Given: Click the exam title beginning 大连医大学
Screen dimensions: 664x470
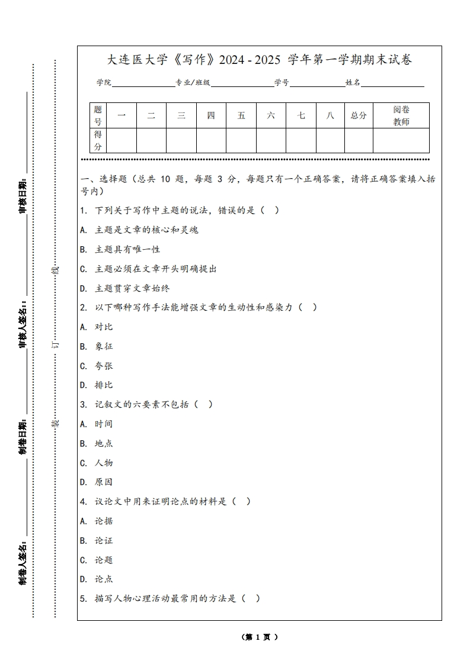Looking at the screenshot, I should (259, 60).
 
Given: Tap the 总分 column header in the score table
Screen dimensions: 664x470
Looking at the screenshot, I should (359, 115).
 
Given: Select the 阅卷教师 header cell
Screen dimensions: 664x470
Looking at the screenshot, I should (401, 115).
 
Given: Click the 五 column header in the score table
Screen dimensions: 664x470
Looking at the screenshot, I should (241, 115).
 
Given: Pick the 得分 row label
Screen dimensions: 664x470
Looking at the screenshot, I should (98, 140).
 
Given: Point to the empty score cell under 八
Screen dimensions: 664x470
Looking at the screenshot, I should (330, 140).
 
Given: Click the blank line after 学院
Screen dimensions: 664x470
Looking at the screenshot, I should (143, 83).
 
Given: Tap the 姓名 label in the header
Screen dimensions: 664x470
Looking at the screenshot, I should (353, 83).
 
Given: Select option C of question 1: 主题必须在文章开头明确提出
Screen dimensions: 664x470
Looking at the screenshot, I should (148, 269).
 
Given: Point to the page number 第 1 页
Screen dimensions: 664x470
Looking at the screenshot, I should (260, 637).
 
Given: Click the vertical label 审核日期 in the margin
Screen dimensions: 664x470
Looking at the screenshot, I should (23, 195).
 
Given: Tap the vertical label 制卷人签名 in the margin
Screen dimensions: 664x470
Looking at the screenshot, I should (23, 562).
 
